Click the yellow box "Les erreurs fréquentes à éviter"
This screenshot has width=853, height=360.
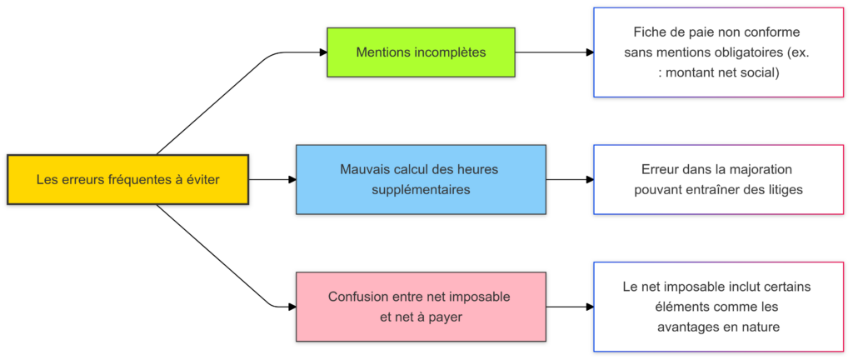point(127,179)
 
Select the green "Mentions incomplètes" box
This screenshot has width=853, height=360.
point(421,52)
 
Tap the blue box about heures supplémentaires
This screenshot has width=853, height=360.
point(421,179)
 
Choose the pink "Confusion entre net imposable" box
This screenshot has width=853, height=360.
point(421,307)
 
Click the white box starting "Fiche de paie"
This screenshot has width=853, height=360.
point(717,52)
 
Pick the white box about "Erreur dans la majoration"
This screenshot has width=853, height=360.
point(717,179)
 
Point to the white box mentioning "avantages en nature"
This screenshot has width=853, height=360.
point(717,307)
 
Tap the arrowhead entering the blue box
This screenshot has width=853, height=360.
point(292,179)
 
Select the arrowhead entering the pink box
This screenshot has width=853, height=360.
point(292,307)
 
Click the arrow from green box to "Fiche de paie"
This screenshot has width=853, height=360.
point(554,52)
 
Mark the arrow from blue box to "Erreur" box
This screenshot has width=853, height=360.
point(569,179)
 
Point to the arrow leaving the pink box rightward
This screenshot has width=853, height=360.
point(569,307)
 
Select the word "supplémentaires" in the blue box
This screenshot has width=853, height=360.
point(421,190)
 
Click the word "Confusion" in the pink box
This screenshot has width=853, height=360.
point(357,297)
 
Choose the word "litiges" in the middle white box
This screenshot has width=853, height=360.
point(782,189)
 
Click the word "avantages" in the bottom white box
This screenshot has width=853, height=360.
point(686,327)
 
